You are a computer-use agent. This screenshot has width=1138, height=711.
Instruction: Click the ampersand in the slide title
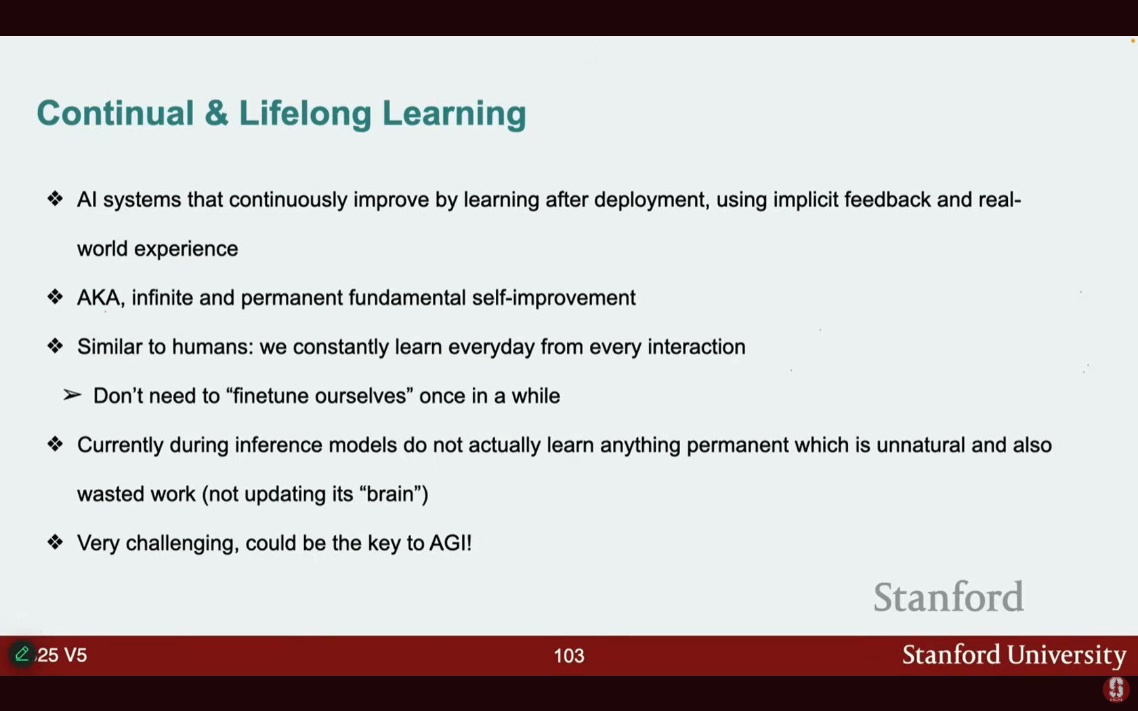pos(217,112)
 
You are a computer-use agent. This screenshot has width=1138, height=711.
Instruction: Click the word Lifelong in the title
pos(305,112)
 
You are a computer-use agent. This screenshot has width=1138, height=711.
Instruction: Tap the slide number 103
pos(569,655)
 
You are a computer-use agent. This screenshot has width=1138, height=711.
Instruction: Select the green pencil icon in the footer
pos(22,653)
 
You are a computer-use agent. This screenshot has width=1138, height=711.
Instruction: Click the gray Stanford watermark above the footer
pos(948,597)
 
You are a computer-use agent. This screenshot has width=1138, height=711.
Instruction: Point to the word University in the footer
pos(1067,655)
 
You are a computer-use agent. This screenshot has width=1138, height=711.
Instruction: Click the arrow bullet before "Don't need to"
pos(72,395)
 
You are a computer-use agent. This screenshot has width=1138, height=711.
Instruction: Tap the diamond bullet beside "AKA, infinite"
pos(55,297)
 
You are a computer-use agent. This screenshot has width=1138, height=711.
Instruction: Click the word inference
pos(278,445)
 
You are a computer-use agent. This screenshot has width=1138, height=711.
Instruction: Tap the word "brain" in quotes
pos(392,494)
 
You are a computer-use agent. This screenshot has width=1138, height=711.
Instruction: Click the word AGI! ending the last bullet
pos(450,543)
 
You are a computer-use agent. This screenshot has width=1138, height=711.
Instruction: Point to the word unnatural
pos(921,445)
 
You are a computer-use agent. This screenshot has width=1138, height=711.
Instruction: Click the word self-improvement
pos(554,298)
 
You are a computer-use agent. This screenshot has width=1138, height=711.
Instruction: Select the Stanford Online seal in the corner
pos(1116,689)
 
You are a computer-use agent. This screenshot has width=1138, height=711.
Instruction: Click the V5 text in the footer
pos(75,655)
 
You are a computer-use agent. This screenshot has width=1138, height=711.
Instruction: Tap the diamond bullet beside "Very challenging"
pos(55,542)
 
